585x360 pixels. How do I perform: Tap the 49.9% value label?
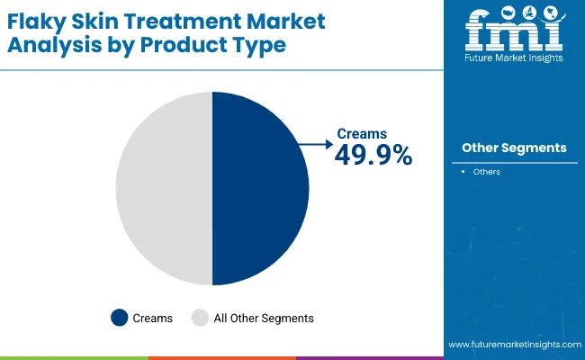pos(373,155)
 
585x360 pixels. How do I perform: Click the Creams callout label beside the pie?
pos(362,134)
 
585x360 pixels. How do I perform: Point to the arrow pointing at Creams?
pos(315,142)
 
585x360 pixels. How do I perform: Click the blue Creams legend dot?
pos(119,318)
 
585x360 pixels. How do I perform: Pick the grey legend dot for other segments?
pos(200,318)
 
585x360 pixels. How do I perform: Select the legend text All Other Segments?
pos(263,318)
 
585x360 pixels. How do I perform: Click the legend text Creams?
pos(153,318)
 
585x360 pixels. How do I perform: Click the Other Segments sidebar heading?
pos(514,148)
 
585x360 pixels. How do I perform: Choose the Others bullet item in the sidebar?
pos(486,171)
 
